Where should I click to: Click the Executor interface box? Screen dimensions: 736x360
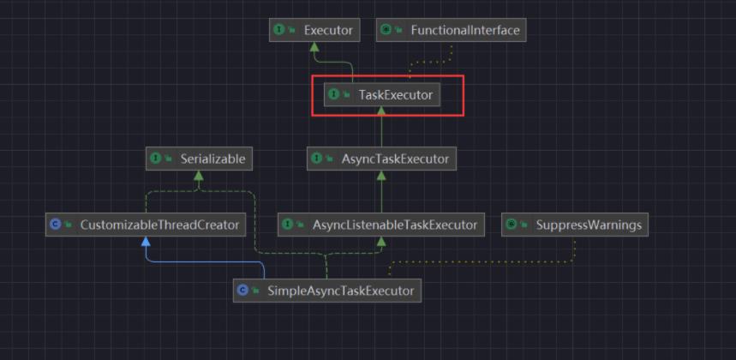(x=314, y=31)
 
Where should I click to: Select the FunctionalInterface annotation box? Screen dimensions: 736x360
(x=451, y=31)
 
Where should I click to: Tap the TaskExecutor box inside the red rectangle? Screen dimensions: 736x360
(x=382, y=95)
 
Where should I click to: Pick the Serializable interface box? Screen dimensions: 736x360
(x=199, y=159)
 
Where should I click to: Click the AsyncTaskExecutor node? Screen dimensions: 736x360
(x=381, y=159)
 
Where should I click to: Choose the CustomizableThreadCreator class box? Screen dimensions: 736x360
(x=146, y=225)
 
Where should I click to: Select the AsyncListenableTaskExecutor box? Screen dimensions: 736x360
(x=381, y=225)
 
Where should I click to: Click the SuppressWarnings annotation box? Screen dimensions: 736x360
(x=575, y=225)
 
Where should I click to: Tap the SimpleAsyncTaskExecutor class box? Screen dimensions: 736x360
(x=327, y=291)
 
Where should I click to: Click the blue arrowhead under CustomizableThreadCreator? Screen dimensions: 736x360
(x=146, y=241)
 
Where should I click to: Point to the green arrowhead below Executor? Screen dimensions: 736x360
(x=314, y=47)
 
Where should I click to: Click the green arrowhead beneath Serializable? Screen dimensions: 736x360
(x=199, y=176)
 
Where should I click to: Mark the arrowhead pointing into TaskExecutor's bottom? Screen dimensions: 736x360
(x=381, y=111)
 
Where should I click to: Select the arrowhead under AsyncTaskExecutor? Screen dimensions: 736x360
(x=381, y=176)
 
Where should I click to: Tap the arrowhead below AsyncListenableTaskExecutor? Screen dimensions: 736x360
(x=381, y=241)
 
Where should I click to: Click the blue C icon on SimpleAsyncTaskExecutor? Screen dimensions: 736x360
(x=243, y=291)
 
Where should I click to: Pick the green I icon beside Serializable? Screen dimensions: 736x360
(x=156, y=159)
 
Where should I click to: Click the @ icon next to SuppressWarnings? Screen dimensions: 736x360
(x=512, y=225)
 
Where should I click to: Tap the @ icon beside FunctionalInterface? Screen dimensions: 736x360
(x=386, y=31)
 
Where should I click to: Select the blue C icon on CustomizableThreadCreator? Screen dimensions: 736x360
(x=56, y=225)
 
